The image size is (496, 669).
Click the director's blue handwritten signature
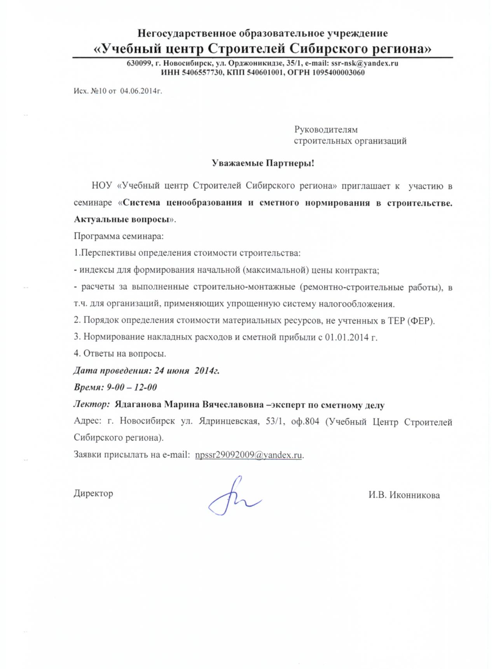[234, 498]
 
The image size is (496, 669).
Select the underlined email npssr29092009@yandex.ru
[248, 455]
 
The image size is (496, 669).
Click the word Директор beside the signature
[93, 493]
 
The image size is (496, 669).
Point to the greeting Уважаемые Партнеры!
[263, 163]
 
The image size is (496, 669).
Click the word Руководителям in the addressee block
[326, 129]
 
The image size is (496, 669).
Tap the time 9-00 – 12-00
[132, 387]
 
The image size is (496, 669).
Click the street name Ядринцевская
[229, 422]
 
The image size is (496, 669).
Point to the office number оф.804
[305, 422]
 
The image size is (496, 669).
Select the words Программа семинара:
[119, 236]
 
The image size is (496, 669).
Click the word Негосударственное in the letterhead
[187, 33]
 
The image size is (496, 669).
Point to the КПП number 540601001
[265, 73]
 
